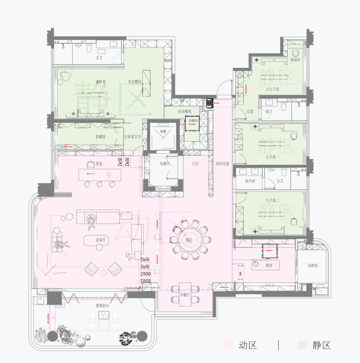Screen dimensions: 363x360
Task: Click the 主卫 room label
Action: pos(99,58)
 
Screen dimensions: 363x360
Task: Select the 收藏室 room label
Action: pos(100,136)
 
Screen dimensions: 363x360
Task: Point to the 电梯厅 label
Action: pos(165,163)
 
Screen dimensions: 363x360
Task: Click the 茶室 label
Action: pos(99,163)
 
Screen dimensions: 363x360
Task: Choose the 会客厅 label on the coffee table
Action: pos(100,240)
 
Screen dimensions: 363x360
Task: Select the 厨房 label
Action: pos(265,265)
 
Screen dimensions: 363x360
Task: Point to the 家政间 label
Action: pos(313,266)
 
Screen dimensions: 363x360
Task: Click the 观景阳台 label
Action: pos(103,305)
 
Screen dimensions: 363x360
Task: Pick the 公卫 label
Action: pos(280,181)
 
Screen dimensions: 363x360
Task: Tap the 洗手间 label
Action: pos(250,181)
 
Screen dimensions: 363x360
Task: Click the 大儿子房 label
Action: pos(272,89)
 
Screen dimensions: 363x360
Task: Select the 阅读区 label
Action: pos(295,60)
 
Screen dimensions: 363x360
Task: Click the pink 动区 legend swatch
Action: pos(228,345)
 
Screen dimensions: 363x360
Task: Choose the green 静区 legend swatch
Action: pos(302,345)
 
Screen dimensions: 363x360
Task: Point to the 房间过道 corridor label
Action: pos(222,163)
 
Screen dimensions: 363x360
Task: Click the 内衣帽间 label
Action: pos(184,111)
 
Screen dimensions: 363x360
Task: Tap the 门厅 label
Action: pos(196,163)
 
